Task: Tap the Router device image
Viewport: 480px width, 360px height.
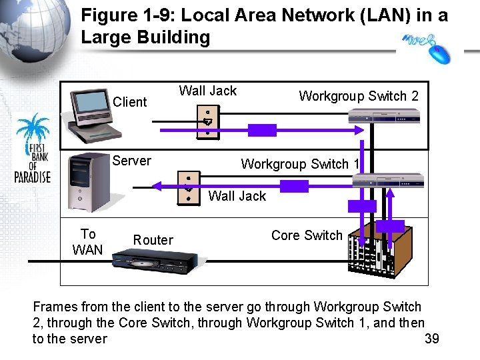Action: (x=153, y=263)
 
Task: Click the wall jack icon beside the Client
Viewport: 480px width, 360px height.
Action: (x=207, y=121)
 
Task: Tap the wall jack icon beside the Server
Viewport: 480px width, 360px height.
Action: (x=189, y=188)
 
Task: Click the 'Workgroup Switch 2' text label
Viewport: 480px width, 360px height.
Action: (x=359, y=96)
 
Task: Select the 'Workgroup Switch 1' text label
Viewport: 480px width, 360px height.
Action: (x=299, y=164)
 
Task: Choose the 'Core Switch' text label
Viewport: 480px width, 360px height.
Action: (x=307, y=235)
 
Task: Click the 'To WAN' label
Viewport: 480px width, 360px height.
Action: (x=88, y=242)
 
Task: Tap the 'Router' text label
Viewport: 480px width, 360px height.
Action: (x=153, y=240)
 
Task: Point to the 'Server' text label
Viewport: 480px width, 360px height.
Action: (x=131, y=161)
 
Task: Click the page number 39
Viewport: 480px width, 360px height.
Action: (x=432, y=339)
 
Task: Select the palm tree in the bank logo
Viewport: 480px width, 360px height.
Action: (x=33, y=129)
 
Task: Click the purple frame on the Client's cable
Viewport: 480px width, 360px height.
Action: (x=262, y=130)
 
